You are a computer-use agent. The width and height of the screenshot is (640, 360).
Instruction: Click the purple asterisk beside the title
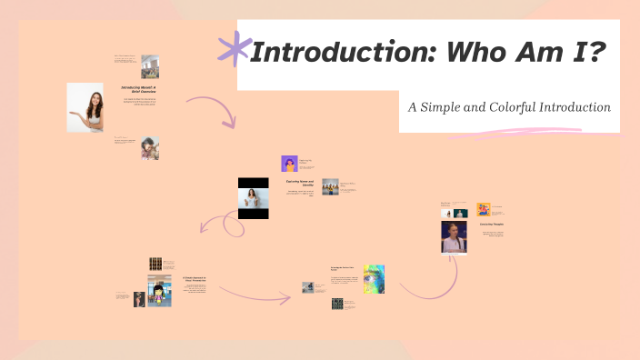tap(235, 50)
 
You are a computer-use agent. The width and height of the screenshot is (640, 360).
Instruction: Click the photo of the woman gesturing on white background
tap(85, 107)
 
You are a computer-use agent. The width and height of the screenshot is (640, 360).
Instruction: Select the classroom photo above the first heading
tap(150, 66)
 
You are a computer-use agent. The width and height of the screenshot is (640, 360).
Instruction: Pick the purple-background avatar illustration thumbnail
tap(290, 164)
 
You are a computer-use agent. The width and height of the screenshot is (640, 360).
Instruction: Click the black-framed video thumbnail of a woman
tap(254, 198)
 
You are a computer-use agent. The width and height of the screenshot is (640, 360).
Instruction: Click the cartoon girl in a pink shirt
tap(159, 296)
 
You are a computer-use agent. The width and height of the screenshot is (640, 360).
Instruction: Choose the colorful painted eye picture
tap(374, 279)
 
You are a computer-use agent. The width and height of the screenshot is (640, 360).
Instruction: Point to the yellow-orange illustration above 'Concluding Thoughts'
tap(484, 209)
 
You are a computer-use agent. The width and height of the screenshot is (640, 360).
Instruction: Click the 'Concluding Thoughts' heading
tap(492, 224)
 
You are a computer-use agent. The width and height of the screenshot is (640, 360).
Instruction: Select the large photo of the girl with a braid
tap(454, 238)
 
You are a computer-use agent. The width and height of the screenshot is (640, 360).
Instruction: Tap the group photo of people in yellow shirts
tap(330, 186)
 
